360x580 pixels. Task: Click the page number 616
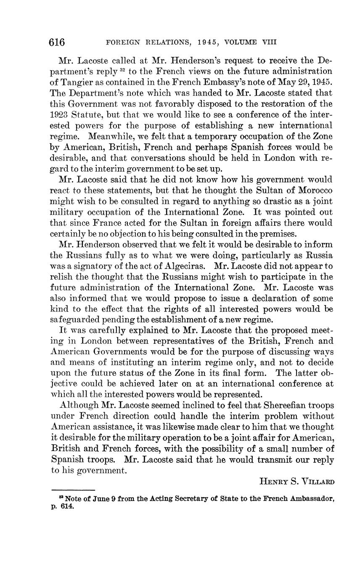click(57, 42)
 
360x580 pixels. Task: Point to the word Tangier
click(77, 82)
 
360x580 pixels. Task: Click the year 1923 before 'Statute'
click(59, 115)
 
